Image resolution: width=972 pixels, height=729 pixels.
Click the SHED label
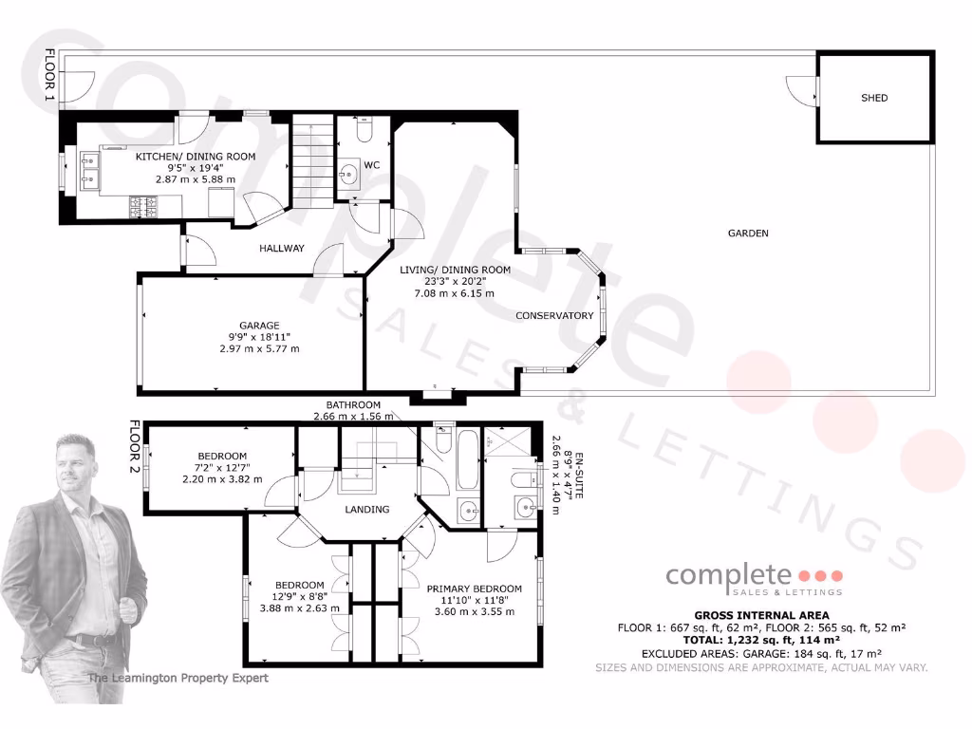[874, 98]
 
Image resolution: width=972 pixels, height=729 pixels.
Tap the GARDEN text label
[748, 234]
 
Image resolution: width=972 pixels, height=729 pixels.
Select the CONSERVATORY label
[554, 315]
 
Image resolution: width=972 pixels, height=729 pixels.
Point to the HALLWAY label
[282, 249]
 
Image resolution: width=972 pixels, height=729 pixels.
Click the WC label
[372, 165]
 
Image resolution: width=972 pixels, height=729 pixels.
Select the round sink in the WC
[349, 174]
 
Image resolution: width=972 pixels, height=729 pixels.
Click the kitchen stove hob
[143, 203]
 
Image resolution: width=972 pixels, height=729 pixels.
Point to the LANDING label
[367, 510]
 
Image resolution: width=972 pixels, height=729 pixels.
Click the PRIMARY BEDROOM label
[474, 589]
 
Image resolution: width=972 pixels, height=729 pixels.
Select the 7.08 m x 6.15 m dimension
[455, 293]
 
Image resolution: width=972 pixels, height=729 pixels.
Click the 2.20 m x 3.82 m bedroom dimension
[222, 479]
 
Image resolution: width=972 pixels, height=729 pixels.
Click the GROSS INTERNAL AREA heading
[761, 615]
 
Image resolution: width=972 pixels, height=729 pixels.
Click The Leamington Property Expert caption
[178, 678]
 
